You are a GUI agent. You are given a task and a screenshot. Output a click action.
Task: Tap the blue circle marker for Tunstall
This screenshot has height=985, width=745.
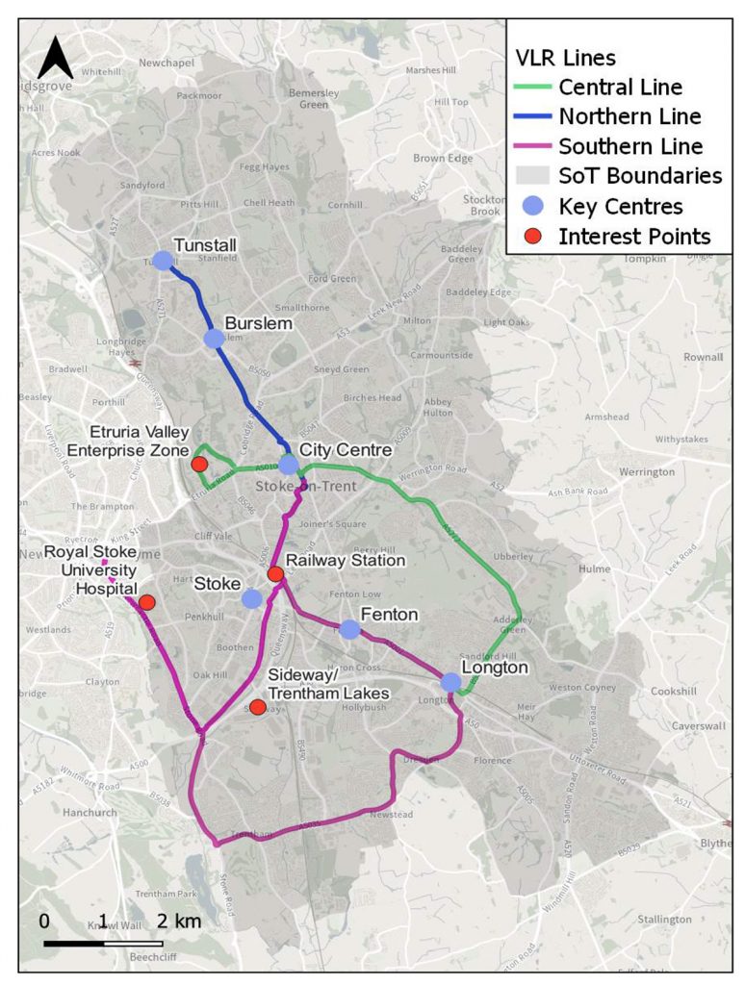(163, 261)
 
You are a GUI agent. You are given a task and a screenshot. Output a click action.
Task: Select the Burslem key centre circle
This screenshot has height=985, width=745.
(215, 339)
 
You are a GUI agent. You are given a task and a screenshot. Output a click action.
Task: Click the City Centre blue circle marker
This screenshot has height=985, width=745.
(289, 464)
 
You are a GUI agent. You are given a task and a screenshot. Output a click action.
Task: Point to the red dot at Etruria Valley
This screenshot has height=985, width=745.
(200, 465)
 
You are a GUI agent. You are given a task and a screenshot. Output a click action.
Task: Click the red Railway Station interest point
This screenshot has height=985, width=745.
(275, 574)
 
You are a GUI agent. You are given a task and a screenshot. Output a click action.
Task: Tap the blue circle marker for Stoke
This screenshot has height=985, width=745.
(252, 598)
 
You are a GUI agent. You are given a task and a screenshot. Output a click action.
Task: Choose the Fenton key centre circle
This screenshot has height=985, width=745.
(349, 629)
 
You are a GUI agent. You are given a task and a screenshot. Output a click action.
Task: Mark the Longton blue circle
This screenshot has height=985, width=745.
(450, 682)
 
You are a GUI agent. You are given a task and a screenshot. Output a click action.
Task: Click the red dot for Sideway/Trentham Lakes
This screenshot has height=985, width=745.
(258, 707)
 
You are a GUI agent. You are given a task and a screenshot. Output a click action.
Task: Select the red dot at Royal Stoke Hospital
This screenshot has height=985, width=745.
(147, 603)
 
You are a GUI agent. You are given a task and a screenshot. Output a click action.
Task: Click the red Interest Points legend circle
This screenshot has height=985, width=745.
(532, 237)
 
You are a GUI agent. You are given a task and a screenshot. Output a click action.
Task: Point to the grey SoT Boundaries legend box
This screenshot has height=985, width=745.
(532, 176)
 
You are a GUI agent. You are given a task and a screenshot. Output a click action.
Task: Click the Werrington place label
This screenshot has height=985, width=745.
(647, 472)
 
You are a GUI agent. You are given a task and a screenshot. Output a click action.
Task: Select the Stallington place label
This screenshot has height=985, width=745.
(664, 920)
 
